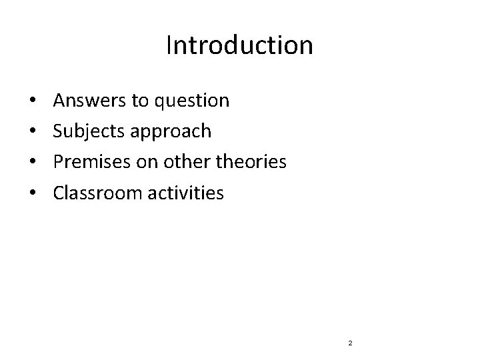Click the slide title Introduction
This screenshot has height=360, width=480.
(239, 46)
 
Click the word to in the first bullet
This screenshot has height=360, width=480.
(141, 101)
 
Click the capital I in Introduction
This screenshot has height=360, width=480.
(169, 46)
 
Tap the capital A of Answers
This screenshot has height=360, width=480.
(59, 101)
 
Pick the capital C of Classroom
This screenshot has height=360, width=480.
(59, 193)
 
